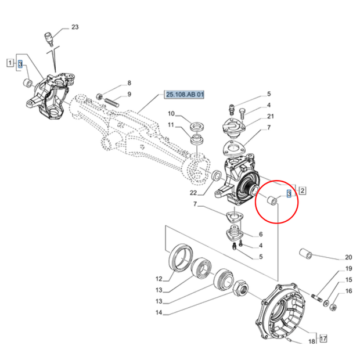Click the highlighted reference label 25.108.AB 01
point(184,95)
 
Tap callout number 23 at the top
point(75,27)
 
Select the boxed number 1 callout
point(10,63)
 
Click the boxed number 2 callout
point(303,190)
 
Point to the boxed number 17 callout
point(323,339)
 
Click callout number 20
point(348,257)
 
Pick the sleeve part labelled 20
point(306,253)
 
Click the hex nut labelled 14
point(241,288)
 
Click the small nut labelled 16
point(332,307)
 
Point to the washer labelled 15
point(326,303)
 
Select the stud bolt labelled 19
point(317,297)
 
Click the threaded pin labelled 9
point(111,103)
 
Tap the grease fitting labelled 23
point(49,38)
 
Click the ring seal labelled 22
point(215,175)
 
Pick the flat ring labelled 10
point(197,127)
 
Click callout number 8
point(129,82)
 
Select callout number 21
point(271,116)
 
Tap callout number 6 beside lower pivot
point(261,234)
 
